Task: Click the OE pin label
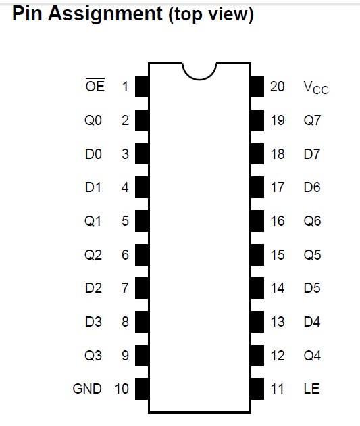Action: click(95, 86)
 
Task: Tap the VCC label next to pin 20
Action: click(316, 87)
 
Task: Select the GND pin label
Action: click(87, 389)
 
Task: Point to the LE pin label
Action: click(311, 389)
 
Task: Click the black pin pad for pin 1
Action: click(142, 87)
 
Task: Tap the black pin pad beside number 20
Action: click(257, 87)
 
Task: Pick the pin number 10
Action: click(122, 389)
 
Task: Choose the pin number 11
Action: click(277, 389)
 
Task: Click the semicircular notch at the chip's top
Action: click(199, 79)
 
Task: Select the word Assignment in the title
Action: click(105, 14)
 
